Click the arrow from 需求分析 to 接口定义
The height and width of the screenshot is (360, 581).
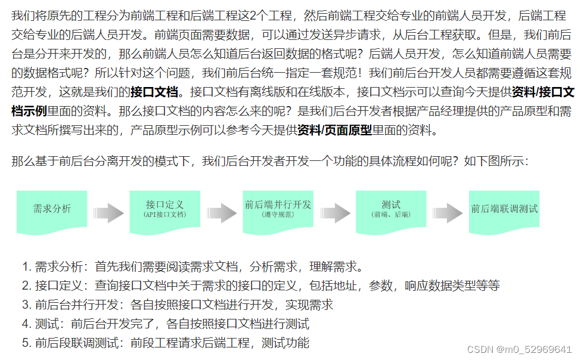click(108, 213)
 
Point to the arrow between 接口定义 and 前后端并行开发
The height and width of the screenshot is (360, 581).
click(222, 213)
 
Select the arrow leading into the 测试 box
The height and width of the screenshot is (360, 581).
click(334, 213)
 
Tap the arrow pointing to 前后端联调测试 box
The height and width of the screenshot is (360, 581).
click(447, 213)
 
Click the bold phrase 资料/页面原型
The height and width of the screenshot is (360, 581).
click(334, 129)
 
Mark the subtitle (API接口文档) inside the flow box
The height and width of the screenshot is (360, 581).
click(164, 215)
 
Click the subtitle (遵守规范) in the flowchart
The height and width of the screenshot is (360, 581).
click(278, 214)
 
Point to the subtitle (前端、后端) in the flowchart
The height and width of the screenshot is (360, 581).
click(391, 215)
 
